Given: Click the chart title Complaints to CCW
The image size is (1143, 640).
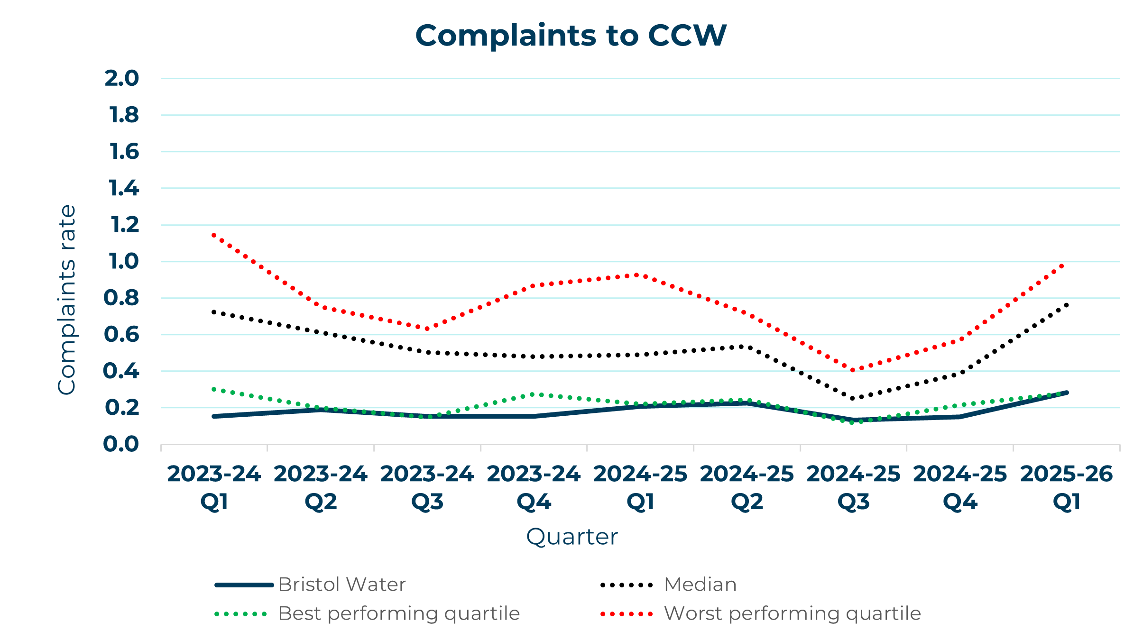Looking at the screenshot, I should pyautogui.click(x=571, y=36).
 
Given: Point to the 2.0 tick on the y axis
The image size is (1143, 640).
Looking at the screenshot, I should pyautogui.click(x=122, y=79).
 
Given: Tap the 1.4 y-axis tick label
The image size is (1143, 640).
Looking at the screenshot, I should pyautogui.click(x=124, y=189).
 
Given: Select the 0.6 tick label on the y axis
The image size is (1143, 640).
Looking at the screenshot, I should pyautogui.click(x=122, y=335).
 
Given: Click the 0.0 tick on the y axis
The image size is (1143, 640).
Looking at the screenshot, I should pyautogui.click(x=121, y=445).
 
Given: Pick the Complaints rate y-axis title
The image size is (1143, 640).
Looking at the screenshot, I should pyautogui.click(x=67, y=300).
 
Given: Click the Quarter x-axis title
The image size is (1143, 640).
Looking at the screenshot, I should pyautogui.click(x=572, y=537).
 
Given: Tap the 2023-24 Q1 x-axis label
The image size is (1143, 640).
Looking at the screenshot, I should pyautogui.click(x=214, y=487).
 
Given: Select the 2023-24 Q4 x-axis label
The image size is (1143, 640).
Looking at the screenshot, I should pyautogui.click(x=534, y=487).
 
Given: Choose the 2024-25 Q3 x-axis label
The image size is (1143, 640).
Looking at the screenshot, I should pyautogui.click(x=853, y=487).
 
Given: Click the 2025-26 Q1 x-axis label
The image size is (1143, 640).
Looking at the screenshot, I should pyautogui.click(x=1067, y=487).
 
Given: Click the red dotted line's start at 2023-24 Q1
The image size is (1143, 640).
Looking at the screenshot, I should pyautogui.click(x=214, y=235).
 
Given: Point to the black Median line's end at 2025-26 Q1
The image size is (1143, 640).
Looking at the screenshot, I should pyautogui.click(x=1067, y=305).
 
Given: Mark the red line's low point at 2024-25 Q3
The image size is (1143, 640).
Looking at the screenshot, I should pyautogui.click(x=853, y=370).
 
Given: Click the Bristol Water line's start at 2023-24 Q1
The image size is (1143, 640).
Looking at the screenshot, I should pyautogui.click(x=214, y=416).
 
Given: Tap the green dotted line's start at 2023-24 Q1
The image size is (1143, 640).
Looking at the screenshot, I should pyautogui.click(x=214, y=389).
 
